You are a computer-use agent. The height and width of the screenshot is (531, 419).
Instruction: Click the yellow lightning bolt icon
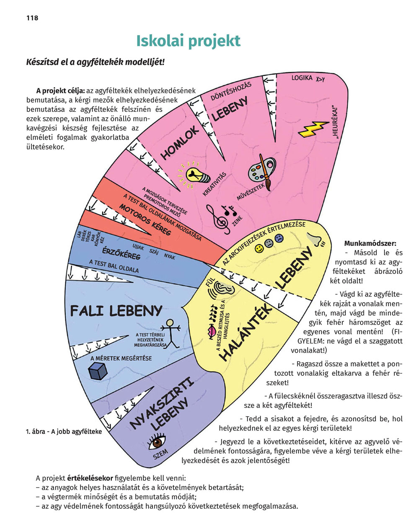tap(313, 129)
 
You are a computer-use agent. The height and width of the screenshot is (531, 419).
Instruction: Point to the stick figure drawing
tap(169, 333)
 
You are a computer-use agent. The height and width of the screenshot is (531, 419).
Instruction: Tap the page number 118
tap(32, 18)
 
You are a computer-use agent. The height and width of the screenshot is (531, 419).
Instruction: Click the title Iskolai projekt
tap(188, 41)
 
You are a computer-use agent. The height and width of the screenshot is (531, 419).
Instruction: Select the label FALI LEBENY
tap(116, 311)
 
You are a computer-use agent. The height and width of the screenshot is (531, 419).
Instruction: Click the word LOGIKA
tap(302, 78)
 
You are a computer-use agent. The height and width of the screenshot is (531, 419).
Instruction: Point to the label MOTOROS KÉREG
tap(145, 219)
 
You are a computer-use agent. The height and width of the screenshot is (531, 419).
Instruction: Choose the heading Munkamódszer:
tap(370, 243)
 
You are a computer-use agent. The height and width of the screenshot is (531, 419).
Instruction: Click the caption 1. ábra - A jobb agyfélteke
tap(63, 432)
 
